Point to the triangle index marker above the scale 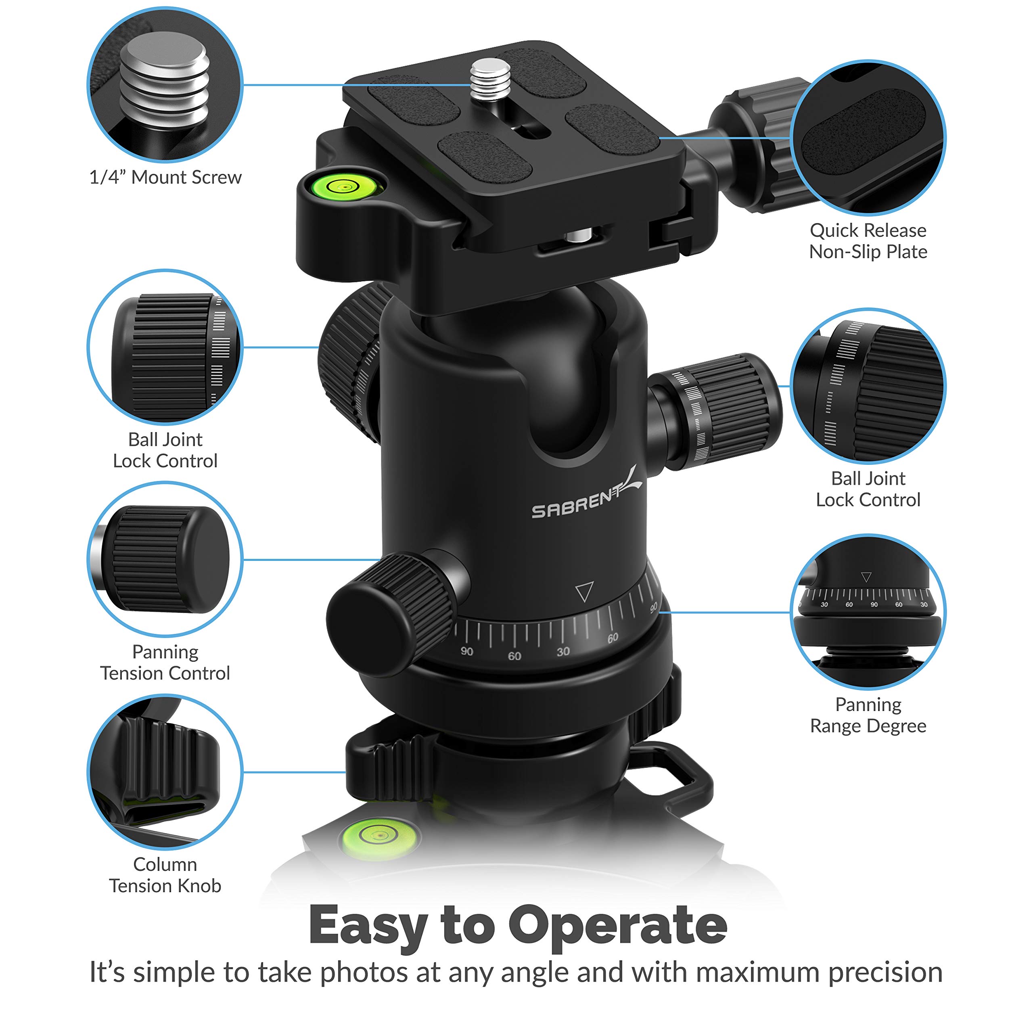coord(584,592)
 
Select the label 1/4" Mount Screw coord(165,178)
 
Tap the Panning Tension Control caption coord(165,663)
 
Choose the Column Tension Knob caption coord(165,875)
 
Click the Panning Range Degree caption coord(868,715)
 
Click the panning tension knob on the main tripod coord(390,615)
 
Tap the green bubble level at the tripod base coord(378,836)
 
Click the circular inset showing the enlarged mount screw coord(165,84)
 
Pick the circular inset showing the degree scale coord(868,612)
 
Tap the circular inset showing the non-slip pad coord(868,138)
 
